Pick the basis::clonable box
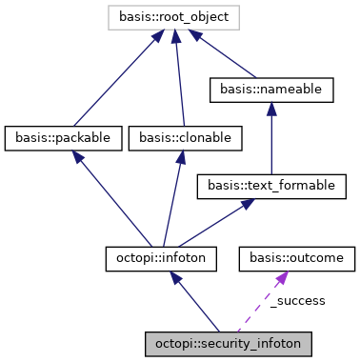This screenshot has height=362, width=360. pos(185,138)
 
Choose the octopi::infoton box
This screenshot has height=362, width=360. pos(161,256)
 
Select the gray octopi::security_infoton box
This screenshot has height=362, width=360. pos(229,340)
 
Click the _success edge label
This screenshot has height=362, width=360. pos(298,300)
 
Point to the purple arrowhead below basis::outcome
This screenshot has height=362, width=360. pos(282,277)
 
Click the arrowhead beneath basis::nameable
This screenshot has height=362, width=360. pos(271,110)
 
